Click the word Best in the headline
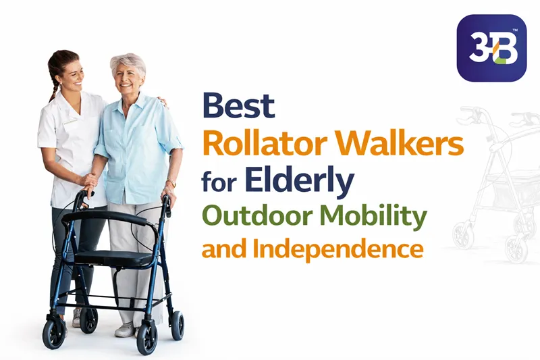coord(239,107)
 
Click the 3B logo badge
coord(491,49)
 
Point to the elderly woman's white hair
coord(128,63)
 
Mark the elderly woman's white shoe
coord(125,330)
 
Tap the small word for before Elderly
coord(219,182)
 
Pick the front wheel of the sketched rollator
coord(463,234)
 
